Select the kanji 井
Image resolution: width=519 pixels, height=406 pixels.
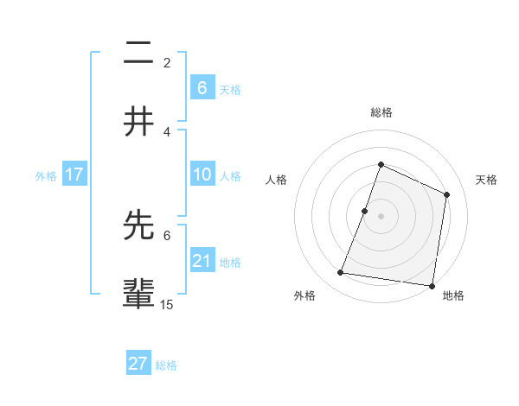coord(139,122)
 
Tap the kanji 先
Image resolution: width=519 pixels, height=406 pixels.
coord(139,225)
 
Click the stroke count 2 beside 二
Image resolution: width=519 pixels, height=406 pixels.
coord(167,63)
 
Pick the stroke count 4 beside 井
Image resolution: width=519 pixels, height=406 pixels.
coord(167,131)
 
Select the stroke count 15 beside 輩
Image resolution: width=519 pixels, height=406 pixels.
coord(167,304)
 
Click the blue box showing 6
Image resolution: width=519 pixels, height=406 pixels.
coord(202,88)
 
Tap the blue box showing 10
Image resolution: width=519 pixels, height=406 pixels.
coord(202,174)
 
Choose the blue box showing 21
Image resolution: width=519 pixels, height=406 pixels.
coord(202,261)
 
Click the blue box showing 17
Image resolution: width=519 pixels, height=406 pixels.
coord(74,174)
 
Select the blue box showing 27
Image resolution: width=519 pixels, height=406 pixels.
coord(138,364)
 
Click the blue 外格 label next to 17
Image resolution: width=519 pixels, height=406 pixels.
coord(46,176)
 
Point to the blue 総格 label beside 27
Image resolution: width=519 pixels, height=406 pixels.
coord(167,365)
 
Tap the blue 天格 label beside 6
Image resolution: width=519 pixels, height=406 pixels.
coord(230,90)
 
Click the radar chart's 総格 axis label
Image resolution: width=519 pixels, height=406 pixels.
coord(381,112)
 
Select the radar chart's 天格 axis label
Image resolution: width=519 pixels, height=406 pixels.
coord(487,180)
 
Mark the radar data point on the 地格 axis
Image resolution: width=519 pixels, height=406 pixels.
coord(432,285)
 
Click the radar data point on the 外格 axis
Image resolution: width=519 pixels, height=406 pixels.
coord(341,273)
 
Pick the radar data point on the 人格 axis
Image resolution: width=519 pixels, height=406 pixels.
coord(365,211)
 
